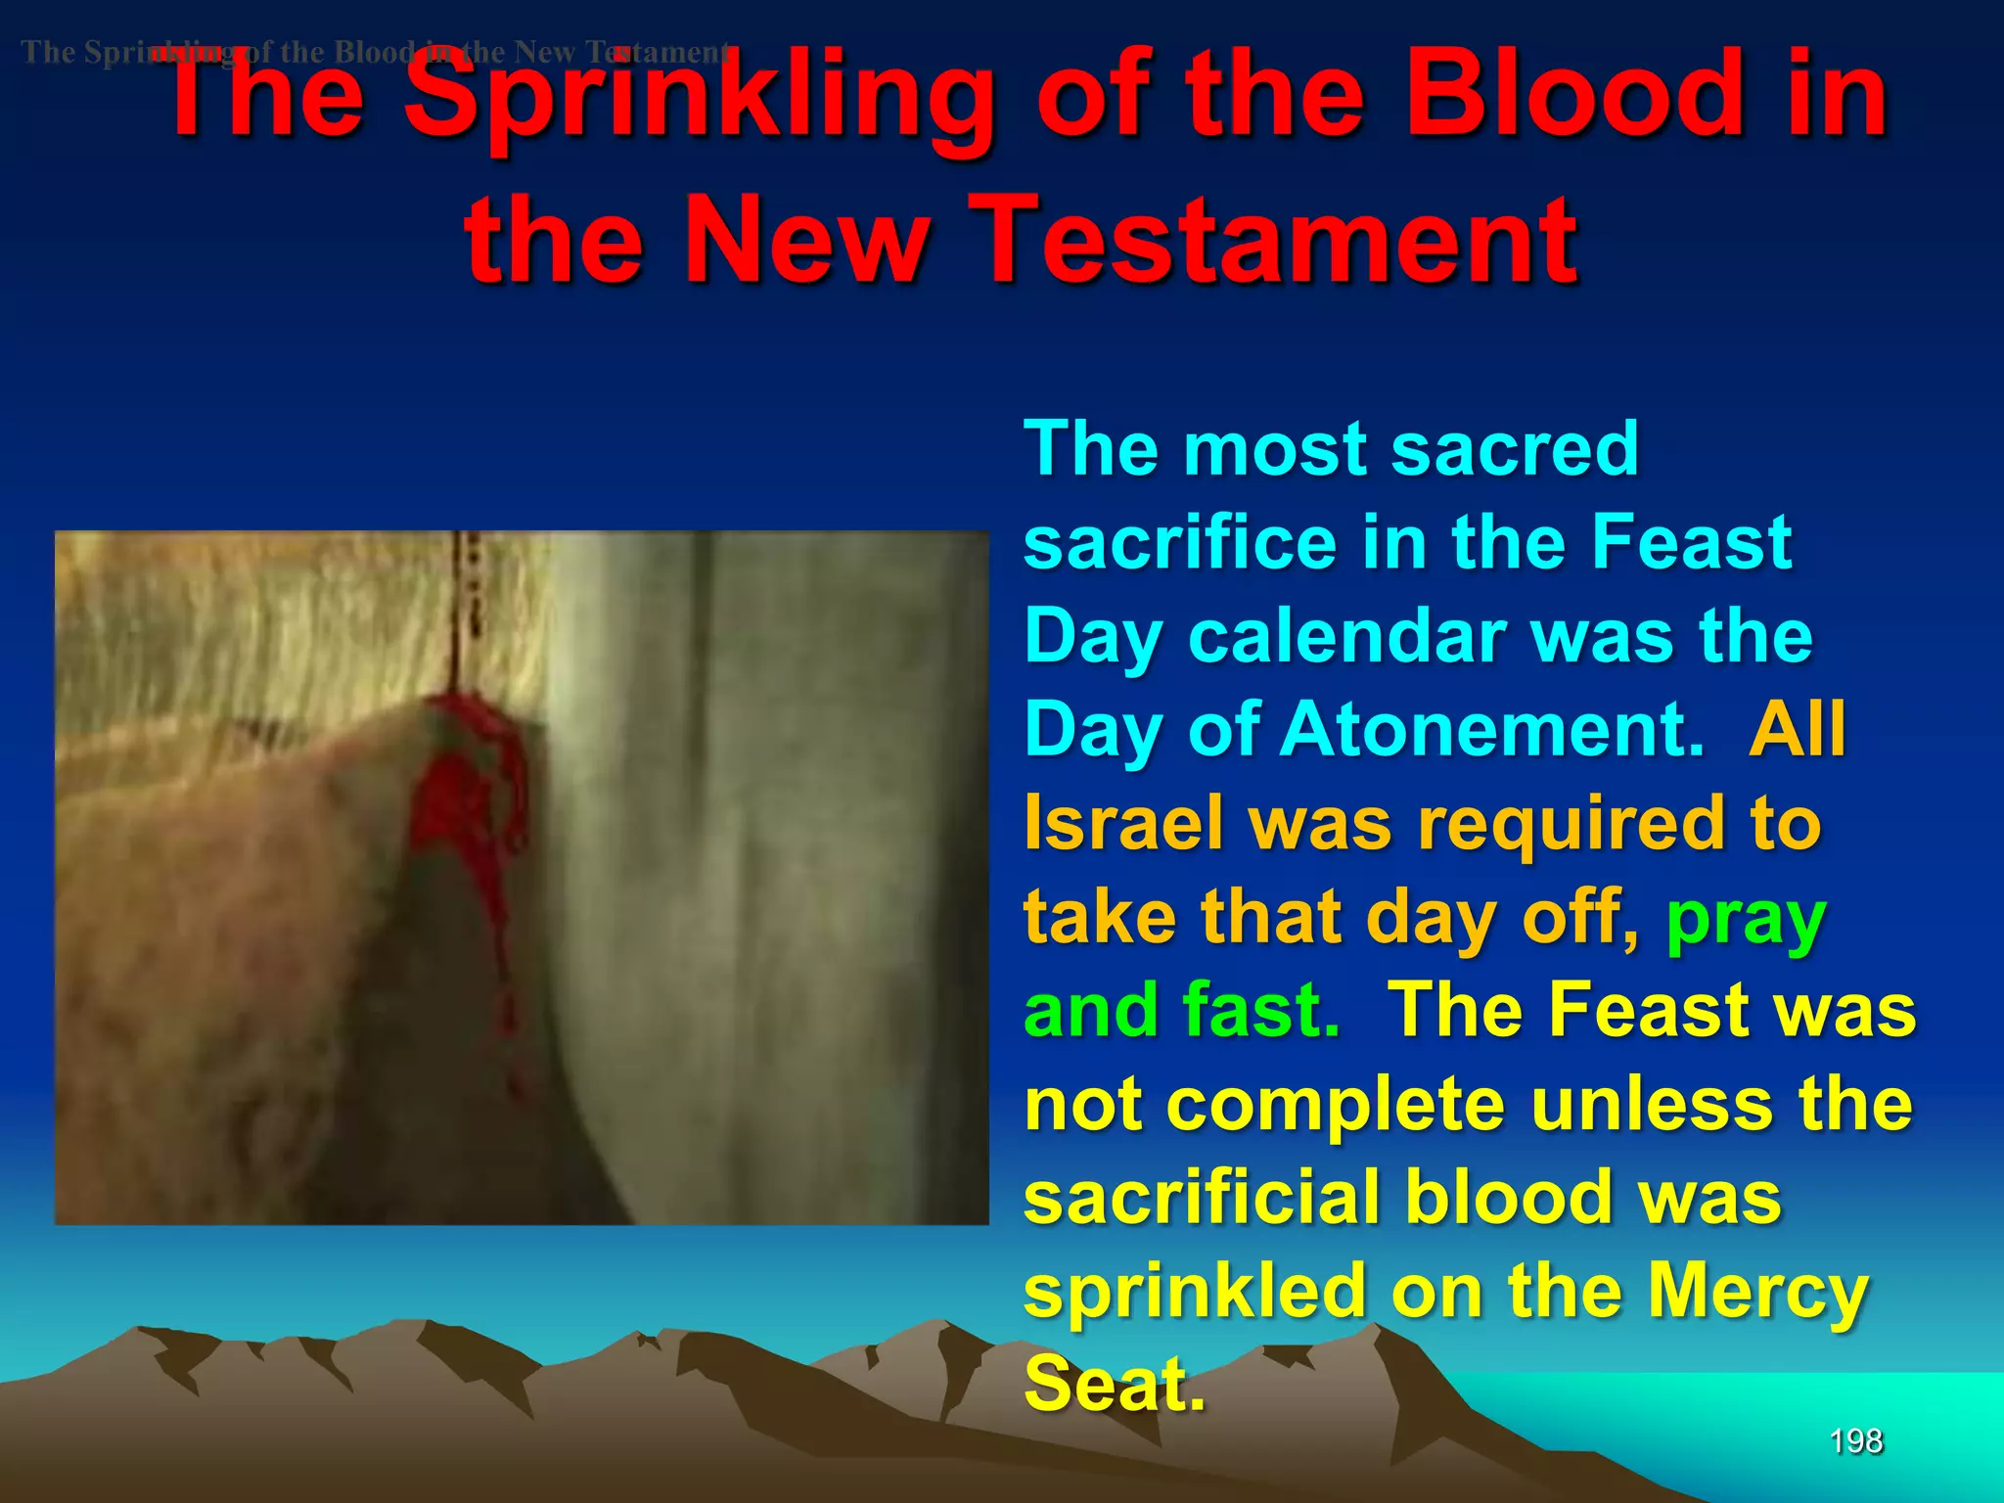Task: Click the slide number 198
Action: coord(1855,1441)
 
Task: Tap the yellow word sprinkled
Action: coord(1195,1292)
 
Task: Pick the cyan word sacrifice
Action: coord(1180,544)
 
